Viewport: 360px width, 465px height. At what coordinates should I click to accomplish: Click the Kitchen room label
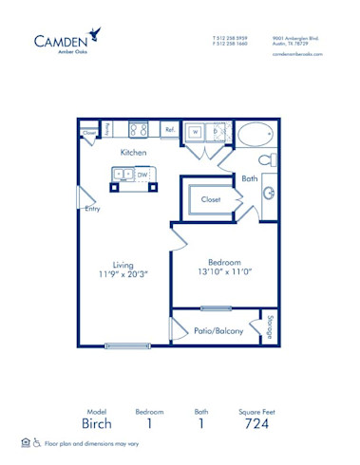tap(132, 152)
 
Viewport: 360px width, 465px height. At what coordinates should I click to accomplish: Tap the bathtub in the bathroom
tap(255, 134)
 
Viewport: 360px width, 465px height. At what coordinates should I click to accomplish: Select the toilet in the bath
tap(267, 158)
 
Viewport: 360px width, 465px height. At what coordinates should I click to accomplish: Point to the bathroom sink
tap(269, 195)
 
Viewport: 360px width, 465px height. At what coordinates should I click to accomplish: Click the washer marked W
tap(195, 131)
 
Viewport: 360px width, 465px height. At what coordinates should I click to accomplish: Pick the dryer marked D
tap(217, 131)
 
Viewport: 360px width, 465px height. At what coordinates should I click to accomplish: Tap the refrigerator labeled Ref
tap(169, 130)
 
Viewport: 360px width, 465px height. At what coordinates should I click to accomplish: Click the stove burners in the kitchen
tap(140, 129)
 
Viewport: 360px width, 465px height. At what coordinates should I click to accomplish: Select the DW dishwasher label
tap(142, 175)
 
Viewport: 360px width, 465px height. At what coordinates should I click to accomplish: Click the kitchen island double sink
tap(123, 175)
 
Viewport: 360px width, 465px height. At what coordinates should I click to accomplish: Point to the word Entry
tap(92, 209)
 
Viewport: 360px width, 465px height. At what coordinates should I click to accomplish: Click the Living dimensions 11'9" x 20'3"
tap(123, 276)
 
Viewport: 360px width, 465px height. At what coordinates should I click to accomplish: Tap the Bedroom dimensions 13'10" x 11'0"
tap(224, 270)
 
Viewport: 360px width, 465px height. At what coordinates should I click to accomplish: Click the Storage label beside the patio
tap(271, 325)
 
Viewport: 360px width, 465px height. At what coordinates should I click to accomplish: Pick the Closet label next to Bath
tap(210, 199)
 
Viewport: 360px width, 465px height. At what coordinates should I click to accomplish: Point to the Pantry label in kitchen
tap(108, 129)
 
